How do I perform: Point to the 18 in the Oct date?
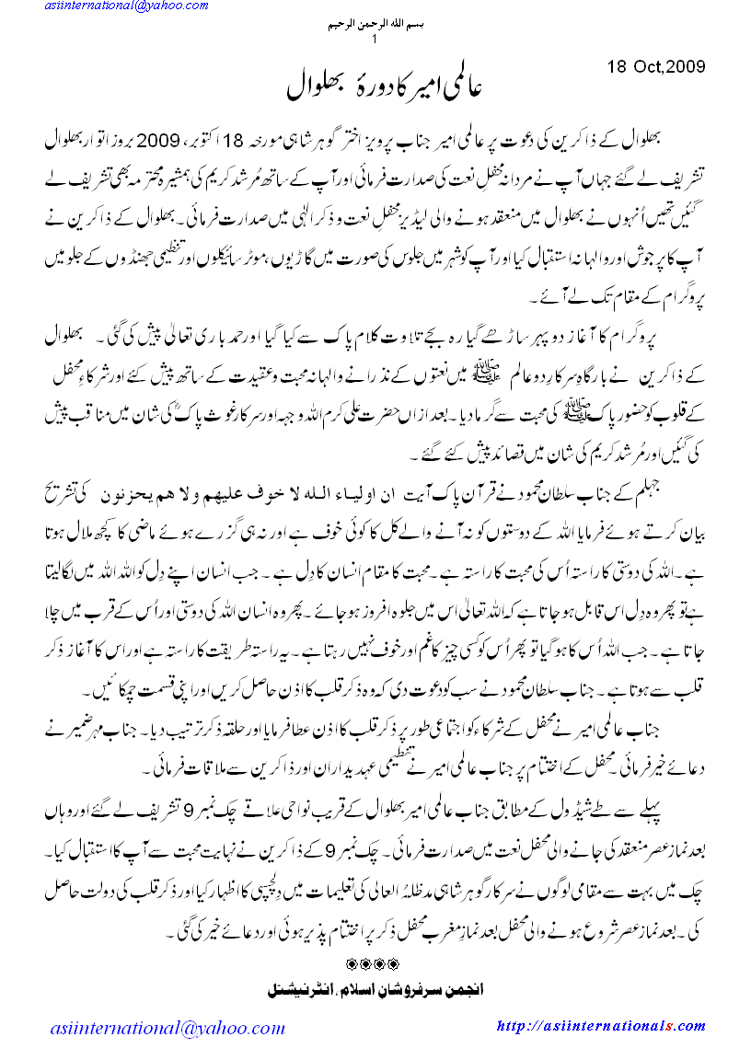[617, 66]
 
